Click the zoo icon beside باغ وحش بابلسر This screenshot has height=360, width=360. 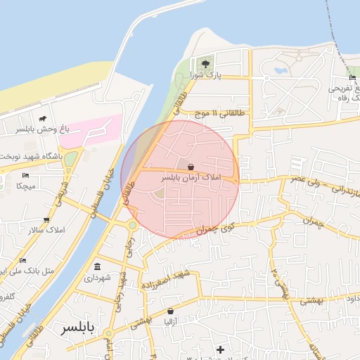tap(43, 119)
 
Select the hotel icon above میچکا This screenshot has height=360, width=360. tap(25, 175)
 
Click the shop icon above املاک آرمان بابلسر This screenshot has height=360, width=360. tap(191, 167)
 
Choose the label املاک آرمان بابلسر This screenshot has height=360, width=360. tap(191, 178)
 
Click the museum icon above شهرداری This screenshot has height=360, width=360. tap(96, 266)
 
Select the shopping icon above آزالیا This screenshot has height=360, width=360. tap(170, 311)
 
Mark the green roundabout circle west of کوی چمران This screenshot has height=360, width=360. tap(131, 226)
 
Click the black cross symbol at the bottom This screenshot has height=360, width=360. tap(221, 349)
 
